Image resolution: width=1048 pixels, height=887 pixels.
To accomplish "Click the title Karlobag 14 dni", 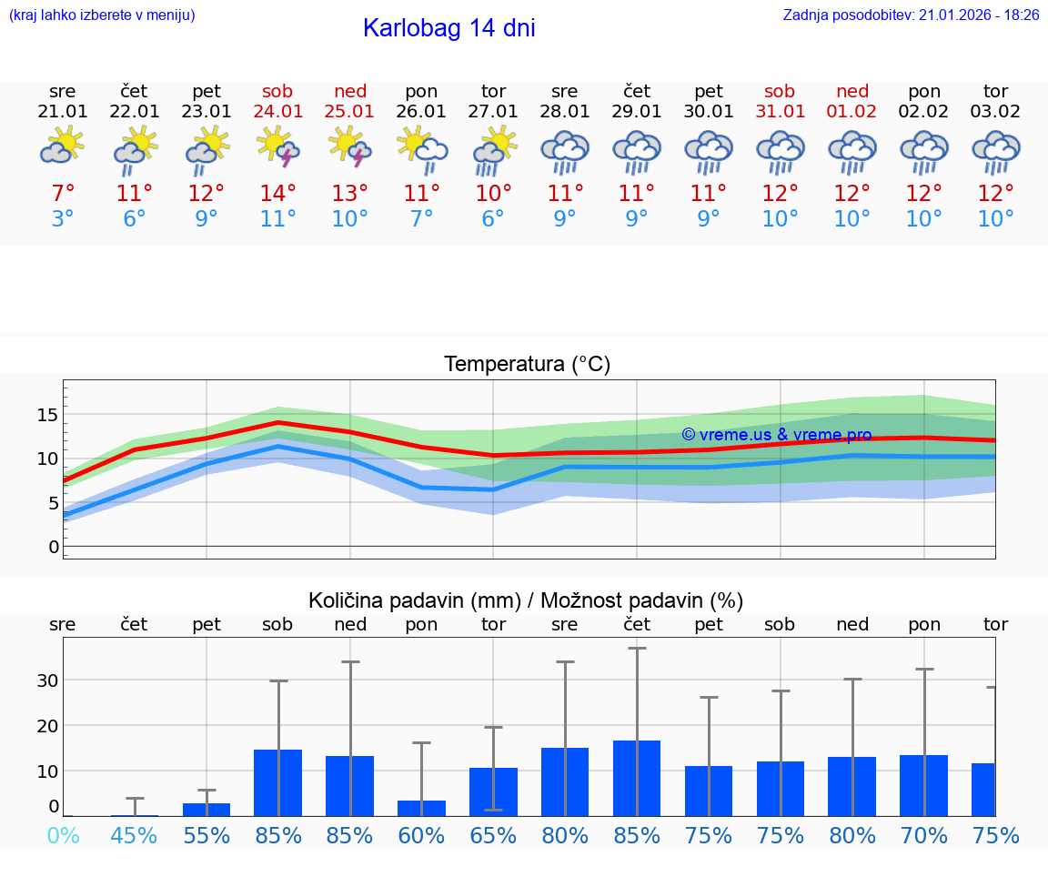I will point(448,28).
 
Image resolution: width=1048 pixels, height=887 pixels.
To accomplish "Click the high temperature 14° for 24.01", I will point(278,194).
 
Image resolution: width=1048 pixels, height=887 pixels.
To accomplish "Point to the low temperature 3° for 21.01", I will point(63,219).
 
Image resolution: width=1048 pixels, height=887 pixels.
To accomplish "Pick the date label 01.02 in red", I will point(852,112).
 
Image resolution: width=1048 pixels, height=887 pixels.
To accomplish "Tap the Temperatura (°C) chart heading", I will point(527,365).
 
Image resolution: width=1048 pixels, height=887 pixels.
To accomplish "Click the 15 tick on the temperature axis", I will point(47,415).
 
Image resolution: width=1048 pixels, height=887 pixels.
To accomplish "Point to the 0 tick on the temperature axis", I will point(53,547).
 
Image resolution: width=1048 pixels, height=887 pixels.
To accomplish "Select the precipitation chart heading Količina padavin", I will point(526,600).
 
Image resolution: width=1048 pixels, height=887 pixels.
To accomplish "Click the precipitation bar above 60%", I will point(421,808).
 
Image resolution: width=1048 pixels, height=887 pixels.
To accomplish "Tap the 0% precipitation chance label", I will point(63,836).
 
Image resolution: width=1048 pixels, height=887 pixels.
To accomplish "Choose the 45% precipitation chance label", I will point(135,836).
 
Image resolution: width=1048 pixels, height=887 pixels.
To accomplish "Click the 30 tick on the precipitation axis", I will point(47,680).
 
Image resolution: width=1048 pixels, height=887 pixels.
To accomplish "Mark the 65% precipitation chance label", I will point(493,836).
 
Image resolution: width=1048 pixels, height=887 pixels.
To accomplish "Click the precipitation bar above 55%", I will point(207,809).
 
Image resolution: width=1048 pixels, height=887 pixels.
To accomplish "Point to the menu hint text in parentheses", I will point(102,15).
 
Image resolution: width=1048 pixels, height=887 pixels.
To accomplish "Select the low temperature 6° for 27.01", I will point(493,219).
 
